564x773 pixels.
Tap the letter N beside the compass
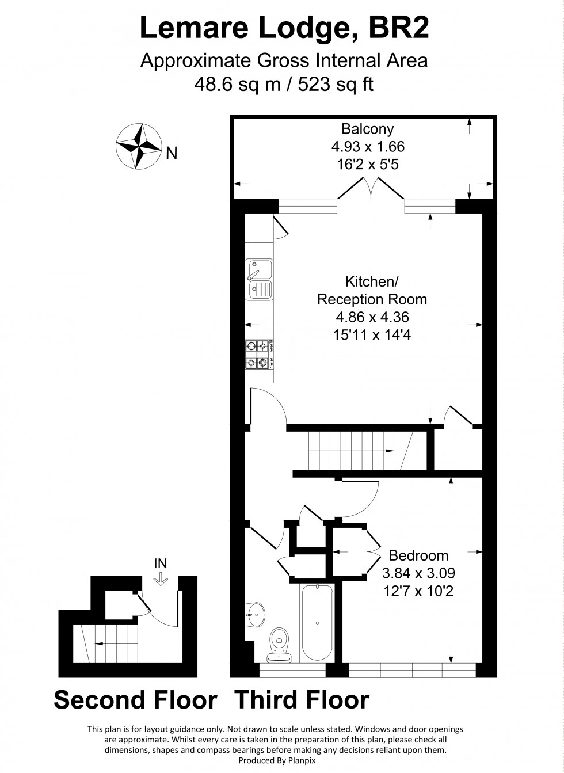172,153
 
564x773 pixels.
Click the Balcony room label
368,128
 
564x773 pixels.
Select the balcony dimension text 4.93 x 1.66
368,146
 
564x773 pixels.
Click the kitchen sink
260,279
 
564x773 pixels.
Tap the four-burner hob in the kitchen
260,354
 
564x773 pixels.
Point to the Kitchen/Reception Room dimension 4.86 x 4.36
372,317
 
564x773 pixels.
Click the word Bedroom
418,555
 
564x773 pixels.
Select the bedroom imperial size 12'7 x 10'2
418,591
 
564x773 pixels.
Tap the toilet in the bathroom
280,643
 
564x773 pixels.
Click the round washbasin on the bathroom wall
254,614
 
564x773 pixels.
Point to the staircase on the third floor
360,451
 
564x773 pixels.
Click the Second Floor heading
136,700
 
